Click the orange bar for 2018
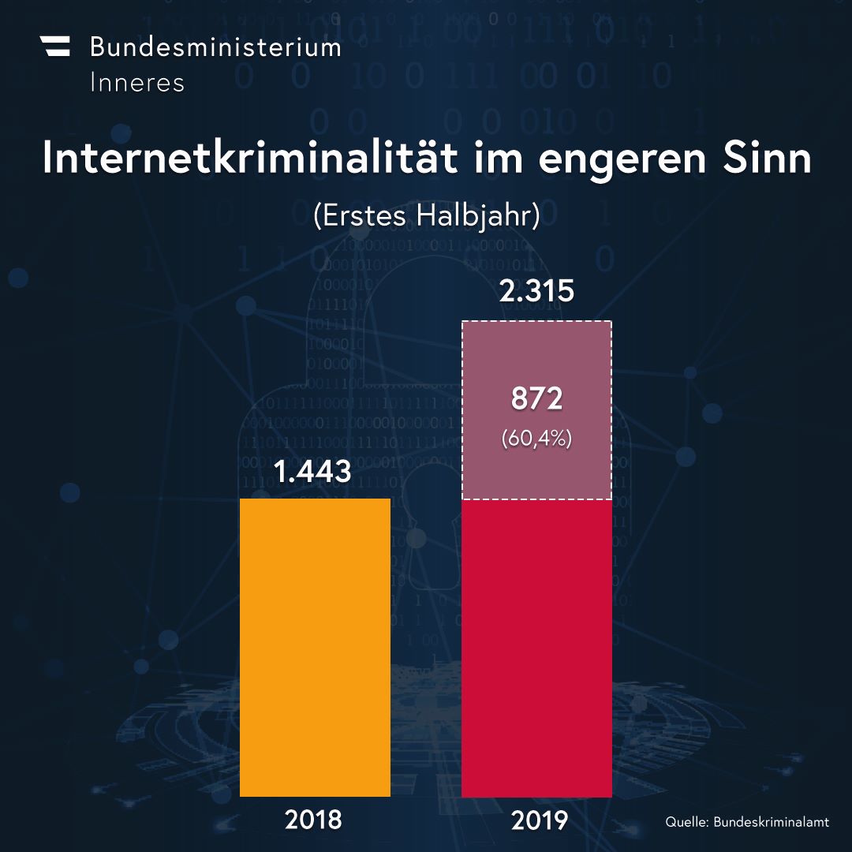[315, 647]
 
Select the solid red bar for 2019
[537, 648]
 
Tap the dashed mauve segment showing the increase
[537, 410]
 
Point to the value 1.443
[312, 471]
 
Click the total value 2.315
[536, 290]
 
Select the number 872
[537, 398]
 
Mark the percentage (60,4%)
[537, 438]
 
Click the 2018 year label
[313, 820]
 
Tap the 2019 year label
[540, 820]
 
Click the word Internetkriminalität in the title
[250, 158]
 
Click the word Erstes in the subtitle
[365, 215]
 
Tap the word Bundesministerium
[215, 47]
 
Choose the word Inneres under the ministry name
[137, 83]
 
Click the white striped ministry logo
[55, 47]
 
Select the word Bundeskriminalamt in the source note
[771, 821]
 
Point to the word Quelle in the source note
[687, 821]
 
